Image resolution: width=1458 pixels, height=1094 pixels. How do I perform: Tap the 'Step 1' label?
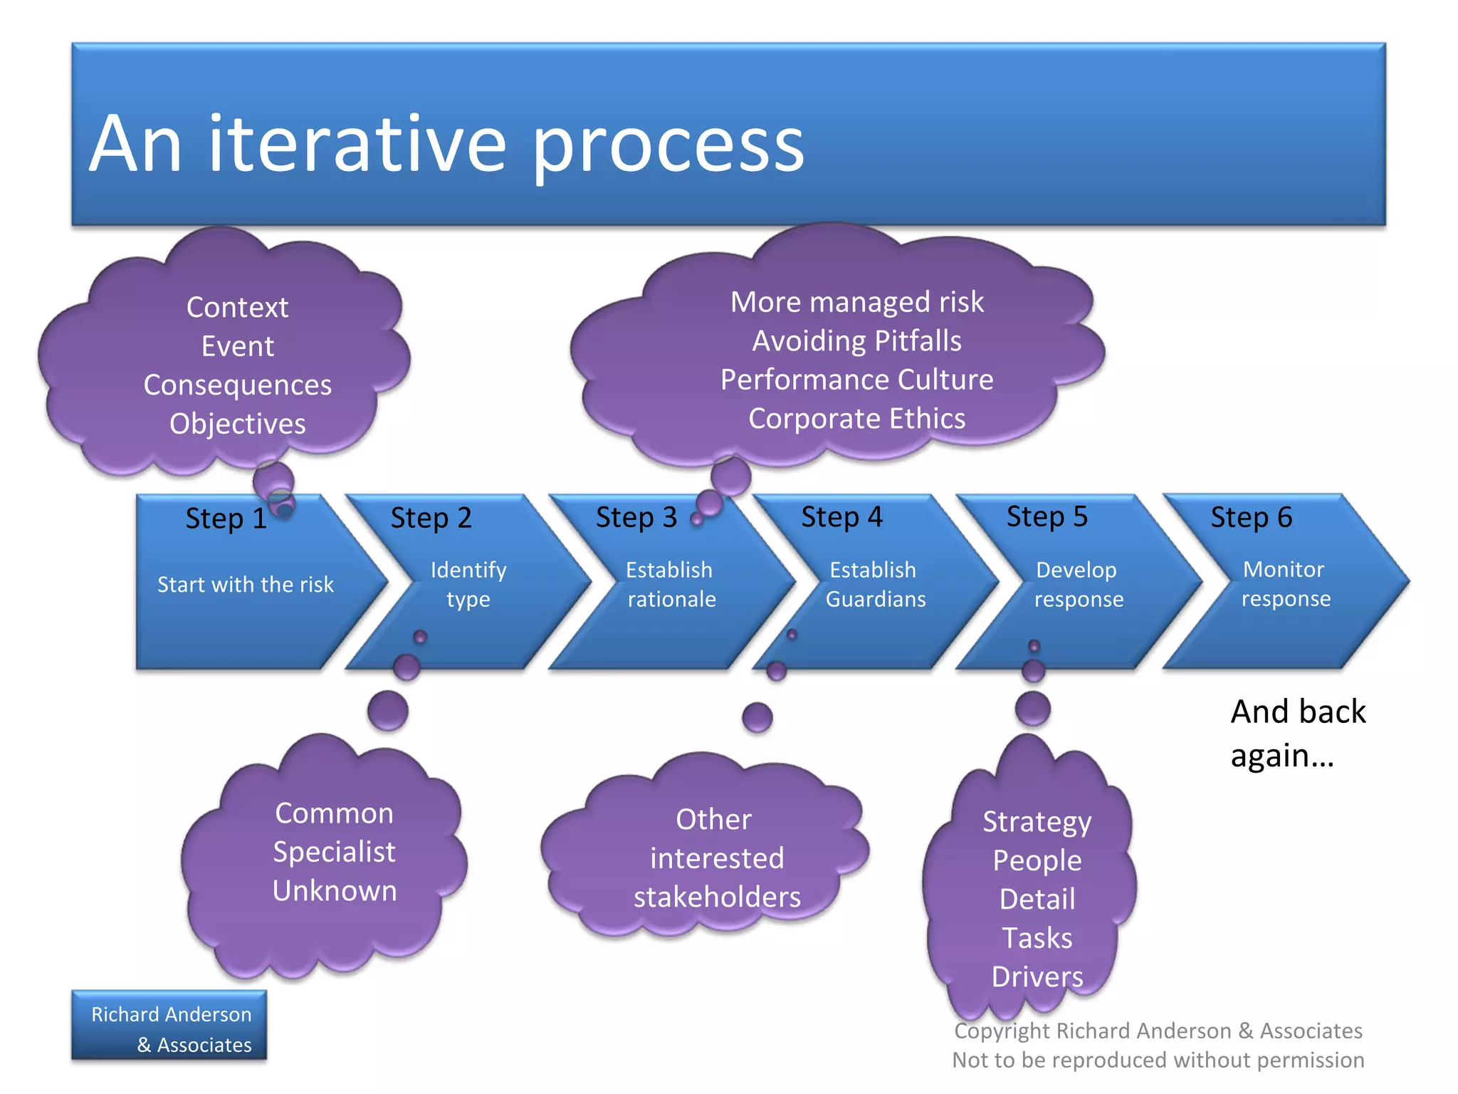point(226,519)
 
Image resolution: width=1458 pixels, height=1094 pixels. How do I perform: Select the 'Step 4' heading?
point(841,517)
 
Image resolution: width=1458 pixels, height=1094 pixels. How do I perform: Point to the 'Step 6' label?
point(1251,517)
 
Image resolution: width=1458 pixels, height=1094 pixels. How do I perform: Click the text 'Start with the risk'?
point(245,585)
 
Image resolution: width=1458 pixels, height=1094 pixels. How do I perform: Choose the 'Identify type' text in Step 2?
point(468,584)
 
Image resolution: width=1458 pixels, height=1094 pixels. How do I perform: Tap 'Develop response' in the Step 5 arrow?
point(1078,584)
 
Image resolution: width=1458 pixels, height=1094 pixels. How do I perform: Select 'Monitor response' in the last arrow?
point(1285,583)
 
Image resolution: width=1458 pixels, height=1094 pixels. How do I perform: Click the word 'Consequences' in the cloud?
point(237,385)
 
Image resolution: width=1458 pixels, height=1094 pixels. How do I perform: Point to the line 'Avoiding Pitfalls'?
point(856,341)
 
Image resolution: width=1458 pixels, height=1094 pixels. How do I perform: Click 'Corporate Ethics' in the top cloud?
point(856,419)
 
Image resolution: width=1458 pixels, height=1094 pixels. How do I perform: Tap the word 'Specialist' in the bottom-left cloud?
point(334,853)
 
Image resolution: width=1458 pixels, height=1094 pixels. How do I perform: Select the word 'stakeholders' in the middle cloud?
point(717,897)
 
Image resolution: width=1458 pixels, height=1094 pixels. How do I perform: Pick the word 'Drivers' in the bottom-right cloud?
point(1037,977)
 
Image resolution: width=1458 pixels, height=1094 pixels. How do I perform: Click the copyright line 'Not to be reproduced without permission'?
point(1158,1061)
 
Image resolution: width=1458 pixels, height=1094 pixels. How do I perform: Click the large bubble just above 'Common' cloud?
point(388,711)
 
